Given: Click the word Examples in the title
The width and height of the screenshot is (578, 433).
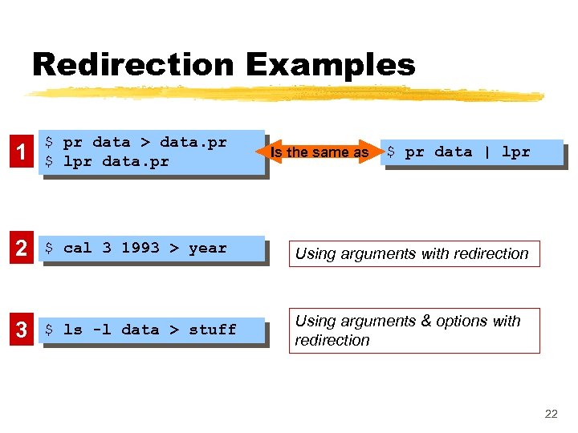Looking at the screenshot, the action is click(330, 64).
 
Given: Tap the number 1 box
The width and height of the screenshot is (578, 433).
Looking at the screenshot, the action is click(22, 152).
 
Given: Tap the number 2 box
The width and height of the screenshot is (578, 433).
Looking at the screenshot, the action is click(22, 249).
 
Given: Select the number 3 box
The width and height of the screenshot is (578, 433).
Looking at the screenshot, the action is click(22, 330).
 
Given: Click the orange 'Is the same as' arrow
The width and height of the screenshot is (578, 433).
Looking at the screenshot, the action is click(320, 152).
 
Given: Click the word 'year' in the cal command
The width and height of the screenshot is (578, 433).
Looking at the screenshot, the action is click(208, 248).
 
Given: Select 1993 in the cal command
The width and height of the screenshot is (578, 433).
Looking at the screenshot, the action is click(140, 248).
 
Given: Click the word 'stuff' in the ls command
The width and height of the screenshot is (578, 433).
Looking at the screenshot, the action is click(213, 330).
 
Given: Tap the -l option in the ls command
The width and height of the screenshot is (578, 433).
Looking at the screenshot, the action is click(102, 330).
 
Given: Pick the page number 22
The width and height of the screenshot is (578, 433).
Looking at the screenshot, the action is click(551, 415).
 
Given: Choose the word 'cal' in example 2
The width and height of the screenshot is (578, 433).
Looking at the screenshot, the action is click(78, 248).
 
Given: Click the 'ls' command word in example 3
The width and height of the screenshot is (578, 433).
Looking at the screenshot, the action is click(73, 330).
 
